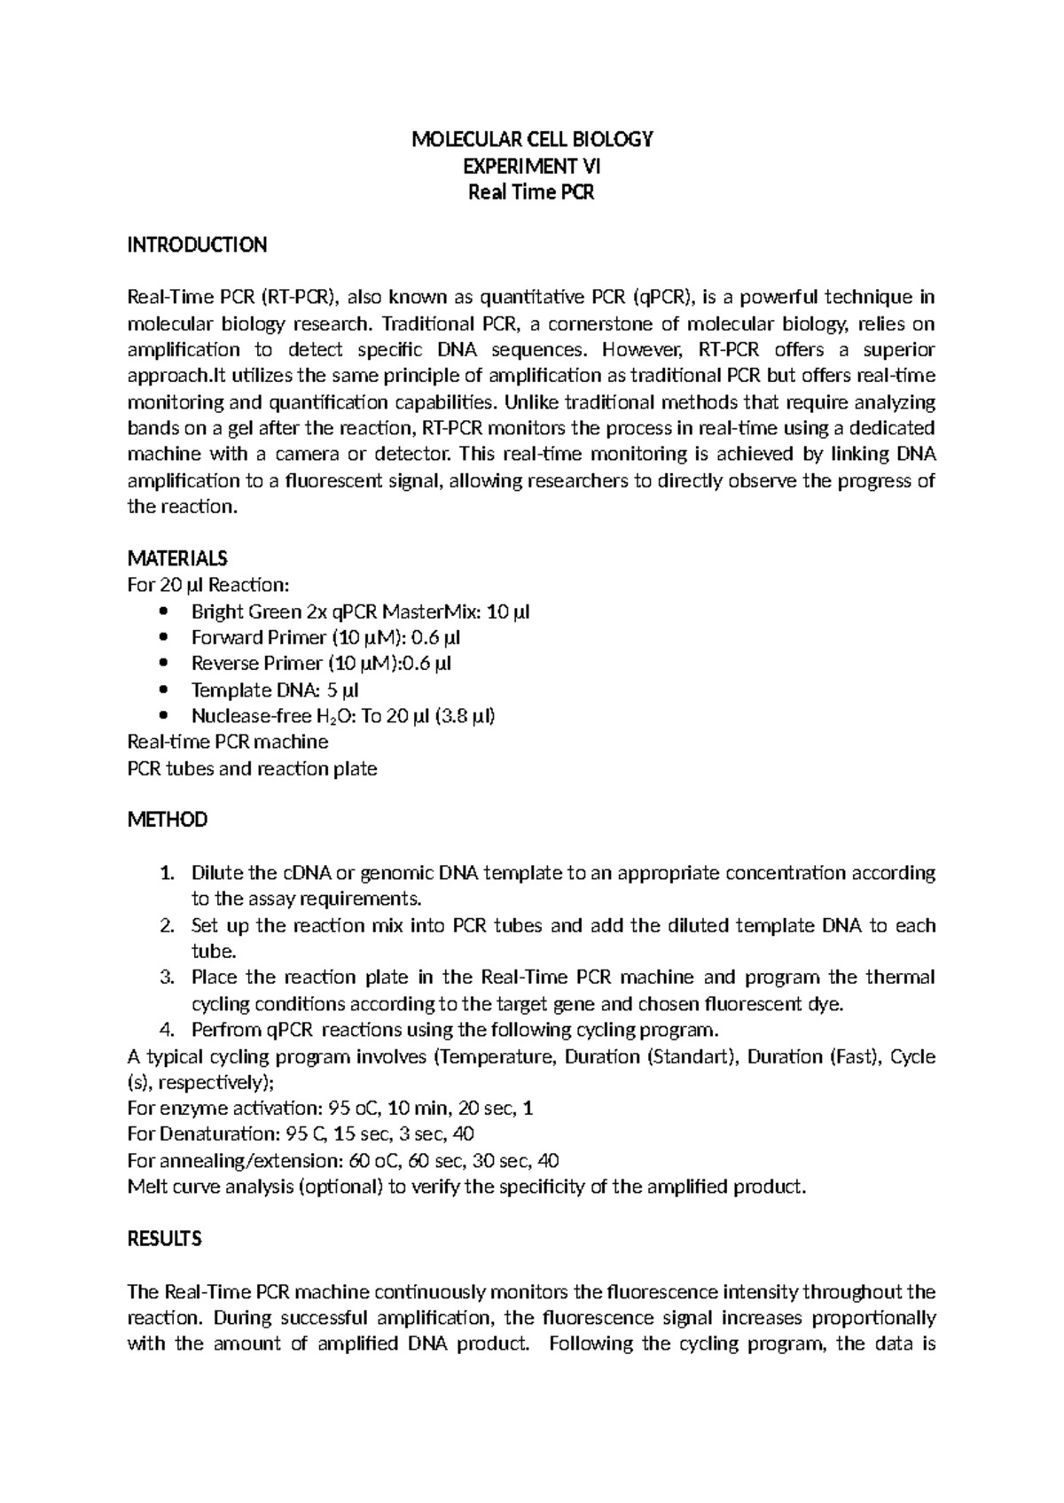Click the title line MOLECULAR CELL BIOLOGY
pyautogui.click(x=532, y=139)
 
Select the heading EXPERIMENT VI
pyautogui.click(x=532, y=166)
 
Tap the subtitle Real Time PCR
pyautogui.click(x=532, y=192)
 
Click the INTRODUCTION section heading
pyautogui.click(x=197, y=245)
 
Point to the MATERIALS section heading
pyautogui.click(x=177, y=558)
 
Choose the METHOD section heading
pyautogui.click(x=168, y=820)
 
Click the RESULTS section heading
pyautogui.click(x=165, y=1239)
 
